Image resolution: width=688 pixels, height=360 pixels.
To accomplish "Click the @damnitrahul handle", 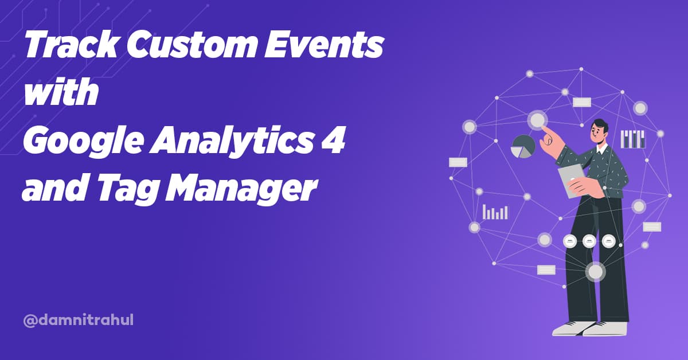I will pos(78,320).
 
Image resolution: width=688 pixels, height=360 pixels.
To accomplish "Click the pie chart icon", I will pos(523,147).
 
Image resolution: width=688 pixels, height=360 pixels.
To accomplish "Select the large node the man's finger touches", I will pos(537,120).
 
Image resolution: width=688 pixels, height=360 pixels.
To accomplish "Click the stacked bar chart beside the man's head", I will pos(633,139).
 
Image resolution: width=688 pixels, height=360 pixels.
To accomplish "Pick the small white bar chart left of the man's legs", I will pos(495,212).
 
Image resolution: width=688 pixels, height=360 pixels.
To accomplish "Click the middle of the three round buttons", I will pos(589,241).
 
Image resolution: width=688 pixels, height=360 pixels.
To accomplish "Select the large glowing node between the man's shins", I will pos(595,272).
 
